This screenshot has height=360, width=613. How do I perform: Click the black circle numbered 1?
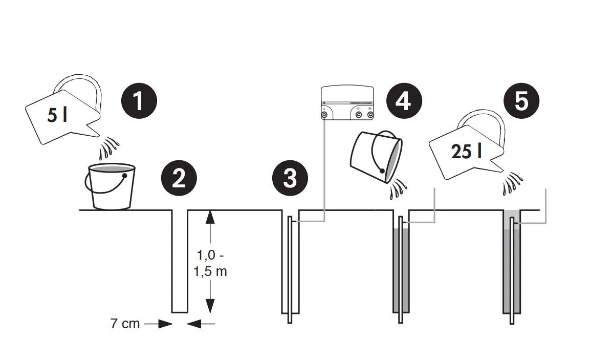tap(139, 100)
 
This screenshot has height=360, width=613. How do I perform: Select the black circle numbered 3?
tap(290, 178)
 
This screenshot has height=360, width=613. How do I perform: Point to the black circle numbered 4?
tap(404, 100)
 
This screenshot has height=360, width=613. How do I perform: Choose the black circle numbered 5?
tap(521, 100)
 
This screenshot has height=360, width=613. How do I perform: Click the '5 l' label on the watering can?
tap(57, 115)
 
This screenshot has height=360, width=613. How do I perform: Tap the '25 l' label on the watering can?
tap(466, 152)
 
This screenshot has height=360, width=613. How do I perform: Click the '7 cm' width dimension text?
tap(125, 324)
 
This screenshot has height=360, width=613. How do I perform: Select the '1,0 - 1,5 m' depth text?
tap(210, 263)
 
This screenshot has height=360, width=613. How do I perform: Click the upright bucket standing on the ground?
tap(110, 186)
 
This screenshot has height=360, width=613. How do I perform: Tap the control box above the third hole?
tap(347, 103)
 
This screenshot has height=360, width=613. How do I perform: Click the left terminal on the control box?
tap(324, 115)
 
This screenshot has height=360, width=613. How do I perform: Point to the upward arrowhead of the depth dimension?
tap(210, 217)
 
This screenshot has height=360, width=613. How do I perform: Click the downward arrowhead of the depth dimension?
tap(210, 306)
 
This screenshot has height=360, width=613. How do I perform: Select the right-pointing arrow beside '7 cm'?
tap(158, 324)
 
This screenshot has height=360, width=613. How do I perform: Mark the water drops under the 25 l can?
tap(512, 182)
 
